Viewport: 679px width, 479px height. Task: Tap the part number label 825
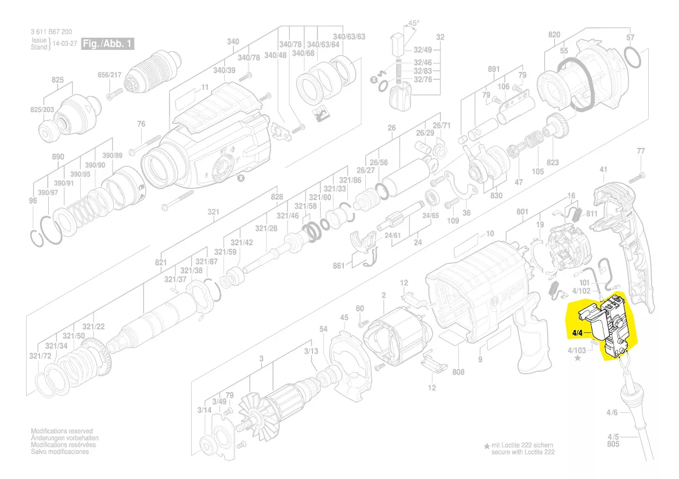[x=58, y=80]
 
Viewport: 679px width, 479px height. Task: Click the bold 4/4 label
[x=577, y=333]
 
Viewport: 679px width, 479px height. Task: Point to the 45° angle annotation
[x=414, y=24]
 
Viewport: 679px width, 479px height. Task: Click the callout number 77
[x=641, y=151]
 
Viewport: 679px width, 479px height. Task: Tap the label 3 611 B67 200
[x=52, y=32]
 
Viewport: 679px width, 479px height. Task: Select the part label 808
[x=458, y=372]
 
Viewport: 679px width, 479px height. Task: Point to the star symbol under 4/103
[x=577, y=359]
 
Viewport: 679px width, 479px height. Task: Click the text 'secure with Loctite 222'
[x=523, y=452]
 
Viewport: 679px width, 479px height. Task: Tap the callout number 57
[x=630, y=38]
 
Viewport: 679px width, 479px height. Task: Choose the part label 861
[x=339, y=266]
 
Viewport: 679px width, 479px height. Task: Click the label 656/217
[x=109, y=75]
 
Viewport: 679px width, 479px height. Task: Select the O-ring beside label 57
[x=634, y=58]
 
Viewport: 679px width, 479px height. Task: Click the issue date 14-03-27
[x=65, y=44]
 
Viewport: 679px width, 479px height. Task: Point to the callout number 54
[x=324, y=329]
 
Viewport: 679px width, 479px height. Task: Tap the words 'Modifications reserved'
[x=62, y=431]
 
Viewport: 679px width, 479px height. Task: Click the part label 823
[x=552, y=163]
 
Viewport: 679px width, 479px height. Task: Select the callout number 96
[x=33, y=201]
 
